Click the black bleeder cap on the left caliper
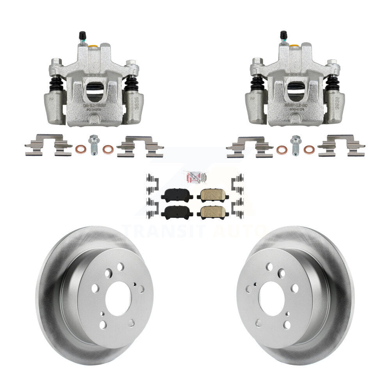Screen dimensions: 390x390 point(82,35)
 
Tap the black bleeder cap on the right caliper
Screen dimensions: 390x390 point(284,35)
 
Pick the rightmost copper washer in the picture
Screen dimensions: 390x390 point(309,149)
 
